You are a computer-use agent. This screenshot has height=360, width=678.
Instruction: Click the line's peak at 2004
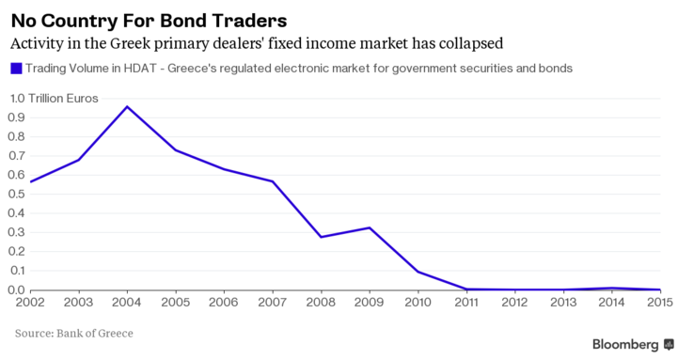[x=127, y=106]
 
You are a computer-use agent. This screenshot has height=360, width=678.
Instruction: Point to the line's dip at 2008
[x=321, y=237]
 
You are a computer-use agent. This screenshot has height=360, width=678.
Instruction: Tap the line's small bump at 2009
[x=370, y=227]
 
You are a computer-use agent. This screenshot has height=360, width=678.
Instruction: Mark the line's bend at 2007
[x=273, y=181]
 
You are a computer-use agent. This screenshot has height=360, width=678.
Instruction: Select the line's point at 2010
[x=418, y=272]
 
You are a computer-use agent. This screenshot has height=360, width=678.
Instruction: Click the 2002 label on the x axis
[x=30, y=302]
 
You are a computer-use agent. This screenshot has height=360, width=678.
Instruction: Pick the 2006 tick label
[x=224, y=302]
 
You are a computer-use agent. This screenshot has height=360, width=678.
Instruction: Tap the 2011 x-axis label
[x=466, y=302]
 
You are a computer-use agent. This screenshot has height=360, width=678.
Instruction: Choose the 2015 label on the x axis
[x=660, y=302]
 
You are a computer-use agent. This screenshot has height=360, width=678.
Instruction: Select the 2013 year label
[x=563, y=302]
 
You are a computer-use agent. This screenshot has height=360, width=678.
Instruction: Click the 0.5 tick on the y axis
[x=17, y=194]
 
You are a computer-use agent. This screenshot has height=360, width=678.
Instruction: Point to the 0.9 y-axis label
[x=17, y=117]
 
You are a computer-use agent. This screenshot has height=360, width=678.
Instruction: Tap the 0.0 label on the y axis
[x=17, y=290]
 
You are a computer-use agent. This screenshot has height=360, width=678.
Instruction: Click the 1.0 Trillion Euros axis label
[x=54, y=99]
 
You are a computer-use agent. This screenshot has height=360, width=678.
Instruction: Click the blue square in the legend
[x=16, y=69]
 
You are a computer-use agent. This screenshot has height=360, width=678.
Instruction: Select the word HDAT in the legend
[x=140, y=69]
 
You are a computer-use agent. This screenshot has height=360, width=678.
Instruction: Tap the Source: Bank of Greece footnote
[x=74, y=333]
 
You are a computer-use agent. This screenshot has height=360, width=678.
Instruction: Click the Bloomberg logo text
[x=625, y=344]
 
